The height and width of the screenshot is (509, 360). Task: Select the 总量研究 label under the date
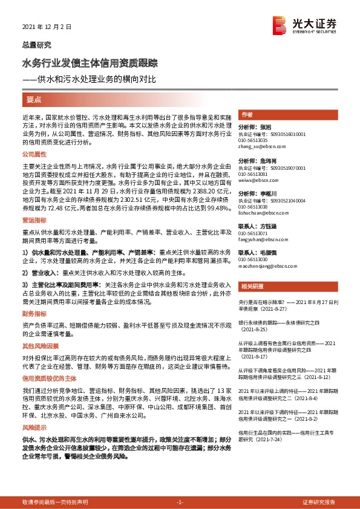tap(36, 45)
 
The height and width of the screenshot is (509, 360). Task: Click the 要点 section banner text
tap(34, 99)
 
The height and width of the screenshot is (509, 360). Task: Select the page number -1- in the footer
tap(180, 502)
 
